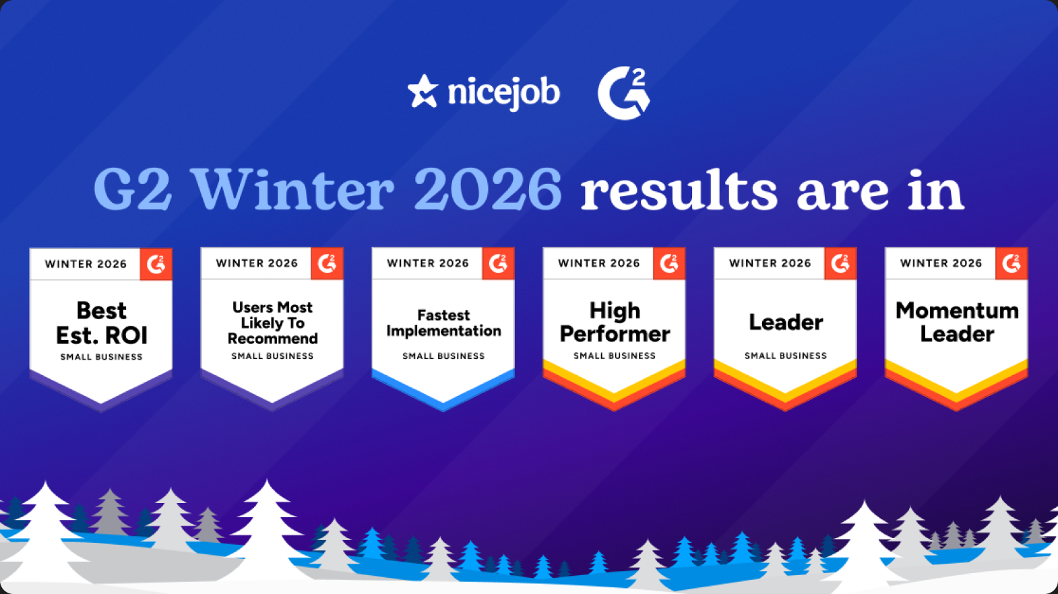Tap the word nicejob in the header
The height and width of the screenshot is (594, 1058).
coord(504,92)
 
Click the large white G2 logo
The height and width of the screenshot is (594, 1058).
coord(624,93)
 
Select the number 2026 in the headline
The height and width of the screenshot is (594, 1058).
coord(488,189)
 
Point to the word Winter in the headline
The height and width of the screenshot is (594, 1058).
coord(294,189)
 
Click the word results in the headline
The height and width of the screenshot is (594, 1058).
coord(679,189)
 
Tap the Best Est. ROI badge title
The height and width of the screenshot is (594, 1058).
coord(102,323)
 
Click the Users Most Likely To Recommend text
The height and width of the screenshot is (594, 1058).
coord(272,323)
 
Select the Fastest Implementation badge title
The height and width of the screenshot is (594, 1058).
coord(443,323)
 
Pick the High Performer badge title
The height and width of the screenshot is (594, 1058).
coord(615,322)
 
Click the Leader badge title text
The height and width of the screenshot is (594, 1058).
coord(786,322)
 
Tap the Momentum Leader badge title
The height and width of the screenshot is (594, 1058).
coord(957,322)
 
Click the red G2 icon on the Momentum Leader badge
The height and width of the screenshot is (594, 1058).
coord(1012,263)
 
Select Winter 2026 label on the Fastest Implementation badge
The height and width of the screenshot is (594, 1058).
coord(428,263)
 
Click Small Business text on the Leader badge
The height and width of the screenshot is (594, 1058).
coord(786,356)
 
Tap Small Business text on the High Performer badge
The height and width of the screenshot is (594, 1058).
coord(615,356)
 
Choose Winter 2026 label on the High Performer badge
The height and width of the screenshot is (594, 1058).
coord(599,263)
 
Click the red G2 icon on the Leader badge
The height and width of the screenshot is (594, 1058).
coord(840,263)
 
